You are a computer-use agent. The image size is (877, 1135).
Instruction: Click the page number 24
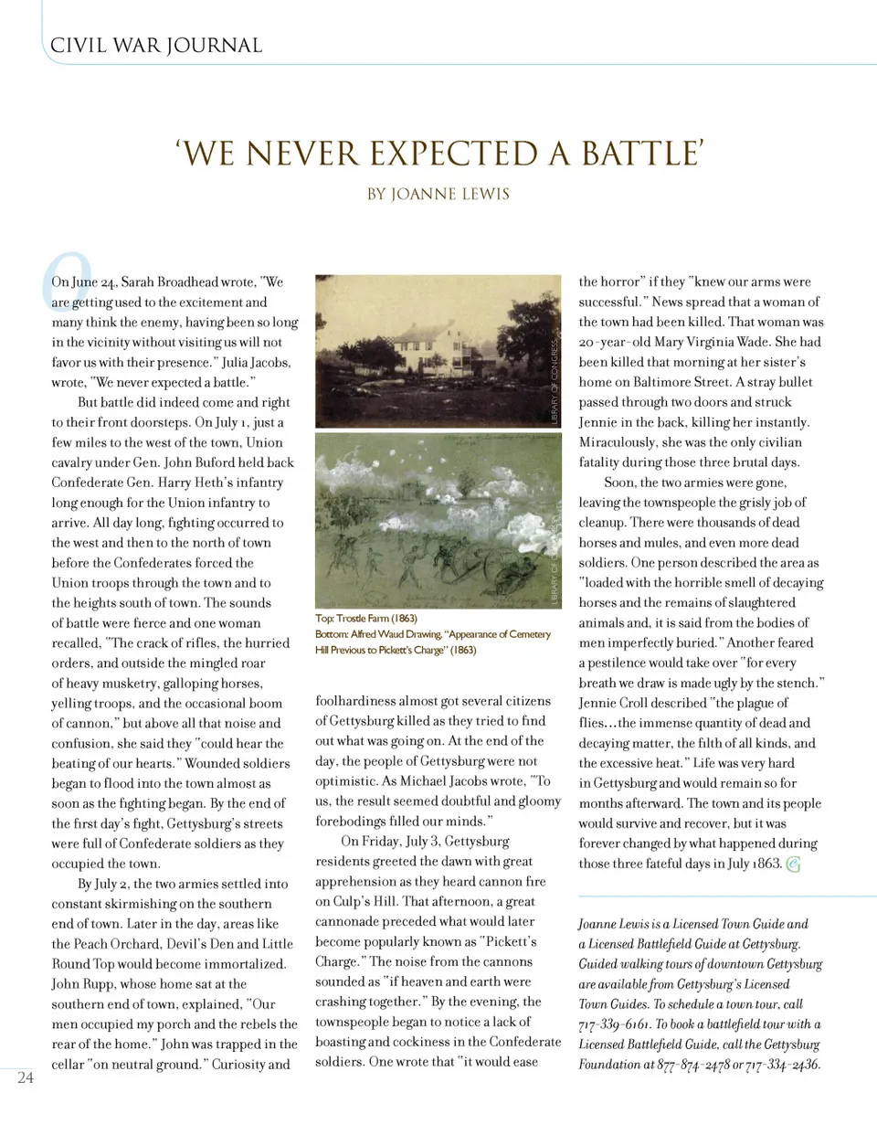point(26,1077)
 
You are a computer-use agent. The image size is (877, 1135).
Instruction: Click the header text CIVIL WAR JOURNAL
point(156,46)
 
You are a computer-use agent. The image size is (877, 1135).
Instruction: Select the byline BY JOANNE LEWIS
point(438,194)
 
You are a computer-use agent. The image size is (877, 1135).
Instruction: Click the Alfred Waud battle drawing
point(438,519)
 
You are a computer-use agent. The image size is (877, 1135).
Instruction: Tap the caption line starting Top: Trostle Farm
point(366,619)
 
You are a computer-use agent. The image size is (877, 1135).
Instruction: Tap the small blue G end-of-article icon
point(793,865)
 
